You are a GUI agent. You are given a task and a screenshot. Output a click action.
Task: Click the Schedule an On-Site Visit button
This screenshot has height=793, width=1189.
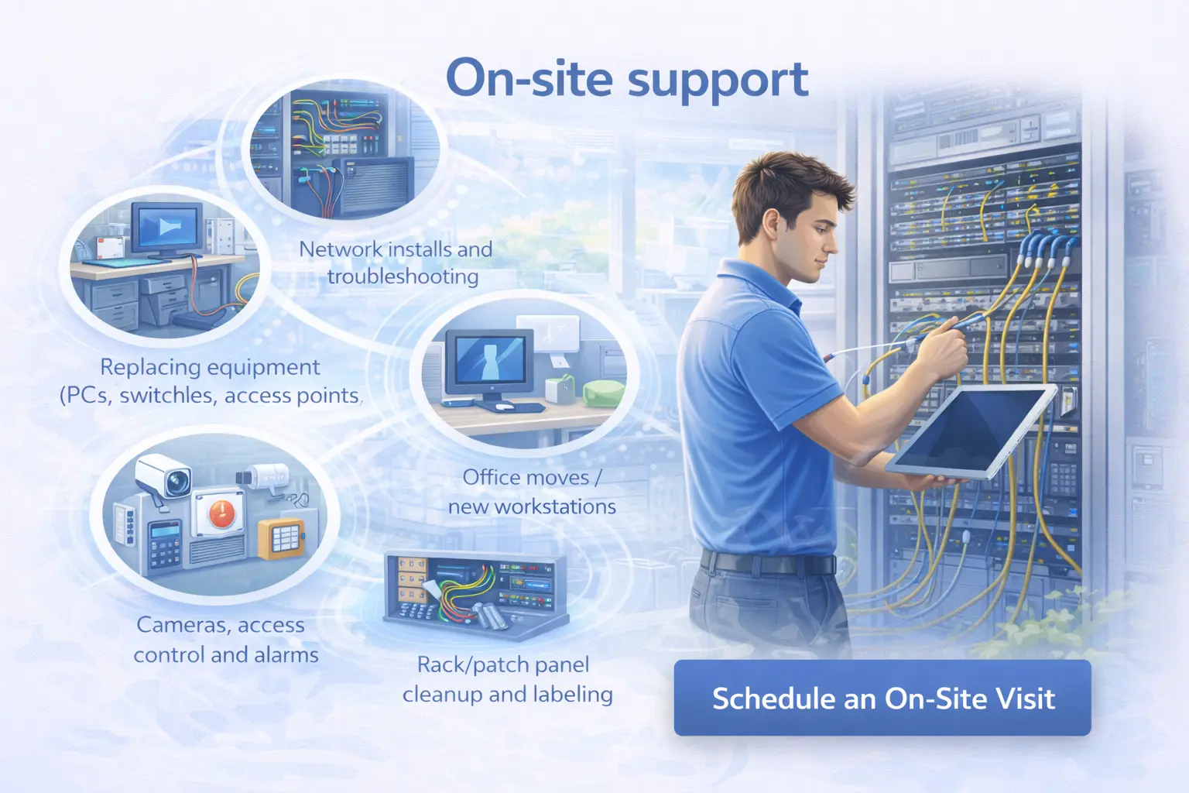click(x=882, y=698)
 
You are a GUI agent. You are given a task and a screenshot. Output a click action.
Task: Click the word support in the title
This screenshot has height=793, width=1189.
click(x=718, y=81)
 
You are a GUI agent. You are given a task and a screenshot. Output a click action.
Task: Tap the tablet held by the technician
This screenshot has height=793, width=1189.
click(x=971, y=431)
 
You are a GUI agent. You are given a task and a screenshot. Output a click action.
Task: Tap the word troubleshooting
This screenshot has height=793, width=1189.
click(x=403, y=276)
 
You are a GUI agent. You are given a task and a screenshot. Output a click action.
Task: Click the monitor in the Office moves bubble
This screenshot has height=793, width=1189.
click(x=489, y=365)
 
